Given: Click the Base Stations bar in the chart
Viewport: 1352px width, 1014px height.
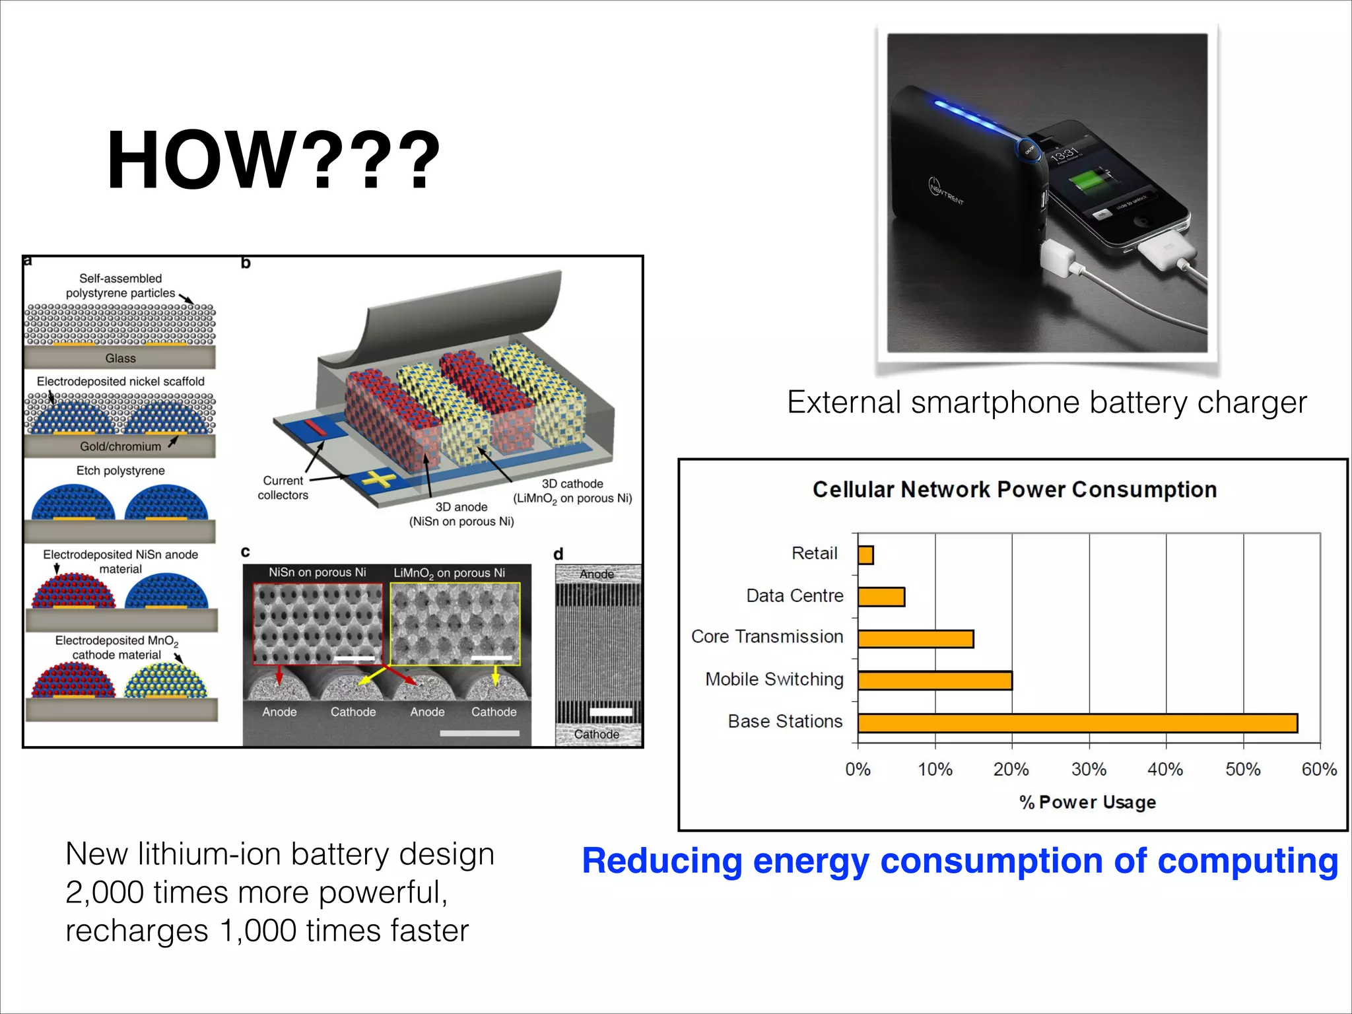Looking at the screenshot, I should tap(1077, 723).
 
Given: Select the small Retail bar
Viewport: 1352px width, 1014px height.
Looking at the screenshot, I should tap(865, 555).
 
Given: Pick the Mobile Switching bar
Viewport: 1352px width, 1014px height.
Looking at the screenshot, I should tap(935, 681).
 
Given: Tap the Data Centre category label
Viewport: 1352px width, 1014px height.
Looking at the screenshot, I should tap(794, 595).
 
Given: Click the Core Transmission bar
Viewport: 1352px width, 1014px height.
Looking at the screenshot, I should tap(916, 638).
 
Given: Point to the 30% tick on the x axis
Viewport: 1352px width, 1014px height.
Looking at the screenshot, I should tap(1089, 769).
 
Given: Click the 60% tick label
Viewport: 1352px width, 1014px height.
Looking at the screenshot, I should tap(1319, 769).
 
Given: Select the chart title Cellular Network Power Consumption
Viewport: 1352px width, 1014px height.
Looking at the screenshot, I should tap(1015, 490).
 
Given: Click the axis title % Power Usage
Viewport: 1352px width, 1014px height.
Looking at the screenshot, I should tap(1087, 802).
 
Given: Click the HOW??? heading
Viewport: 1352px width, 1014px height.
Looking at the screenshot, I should tap(273, 160).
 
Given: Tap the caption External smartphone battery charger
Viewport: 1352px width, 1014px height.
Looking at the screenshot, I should tap(1046, 402).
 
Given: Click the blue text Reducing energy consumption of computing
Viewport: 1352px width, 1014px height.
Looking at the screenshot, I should tap(960, 861).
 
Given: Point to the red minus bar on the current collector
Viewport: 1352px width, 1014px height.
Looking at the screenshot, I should tap(315, 427).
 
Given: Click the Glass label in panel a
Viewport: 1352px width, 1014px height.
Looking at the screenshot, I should tap(120, 358).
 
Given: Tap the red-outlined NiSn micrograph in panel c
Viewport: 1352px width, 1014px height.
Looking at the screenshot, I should tap(318, 623).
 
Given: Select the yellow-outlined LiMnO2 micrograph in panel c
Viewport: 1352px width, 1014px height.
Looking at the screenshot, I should tap(455, 623).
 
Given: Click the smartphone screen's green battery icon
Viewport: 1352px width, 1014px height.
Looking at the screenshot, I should tap(1086, 180).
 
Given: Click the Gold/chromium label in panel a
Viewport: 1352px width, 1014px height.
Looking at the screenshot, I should tap(120, 446).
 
